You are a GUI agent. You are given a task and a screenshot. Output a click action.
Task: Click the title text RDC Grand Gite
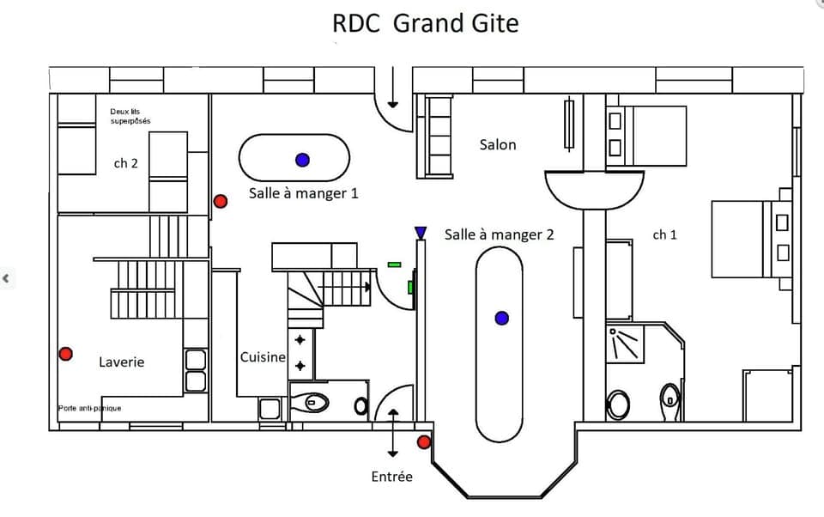pyautogui.click(x=425, y=23)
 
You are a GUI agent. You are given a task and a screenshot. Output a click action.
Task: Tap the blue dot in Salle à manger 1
pyautogui.click(x=302, y=160)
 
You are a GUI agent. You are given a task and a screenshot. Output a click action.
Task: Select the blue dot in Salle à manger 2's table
pyautogui.click(x=502, y=319)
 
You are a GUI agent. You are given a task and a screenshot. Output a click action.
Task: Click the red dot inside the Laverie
pyautogui.click(x=65, y=354)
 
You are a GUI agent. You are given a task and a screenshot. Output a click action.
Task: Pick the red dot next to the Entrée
pyautogui.click(x=424, y=442)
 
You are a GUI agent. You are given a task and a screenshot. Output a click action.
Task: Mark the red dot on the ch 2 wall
pyautogui.click(x=220, y=201)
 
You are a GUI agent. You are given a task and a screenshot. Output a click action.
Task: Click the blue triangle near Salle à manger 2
pyautogui.click(x=420, y=233)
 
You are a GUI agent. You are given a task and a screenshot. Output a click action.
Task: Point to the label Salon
pyautogui.click(x=498, y=144)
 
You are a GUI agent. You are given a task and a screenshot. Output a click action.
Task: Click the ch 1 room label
pyautogui.click(x=664, y=234)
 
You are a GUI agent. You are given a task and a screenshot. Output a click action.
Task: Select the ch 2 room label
pyautogui.click(x=125, y=163)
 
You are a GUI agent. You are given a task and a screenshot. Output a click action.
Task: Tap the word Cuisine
pyautogui.click(x=263, y=357)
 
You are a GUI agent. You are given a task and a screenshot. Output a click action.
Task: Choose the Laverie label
pyautogui.click(x=121, y=362)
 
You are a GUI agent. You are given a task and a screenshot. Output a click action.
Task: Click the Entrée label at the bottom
pyautogui.click(x=391, y=476)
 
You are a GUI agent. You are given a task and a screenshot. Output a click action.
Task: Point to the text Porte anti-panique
pyautogui.click(x=89, y=408)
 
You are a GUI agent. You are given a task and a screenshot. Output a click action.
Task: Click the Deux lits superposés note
pyautogui.click(x=130, y=116)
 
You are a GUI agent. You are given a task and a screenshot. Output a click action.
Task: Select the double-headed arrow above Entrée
pyautogui.click(x=393, y=434)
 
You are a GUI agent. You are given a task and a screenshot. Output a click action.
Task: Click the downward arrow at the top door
pyautogui.click(x=393, y=91)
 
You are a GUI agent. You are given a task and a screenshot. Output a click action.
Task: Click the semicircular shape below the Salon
pyautogui.click(x=594, y=189)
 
